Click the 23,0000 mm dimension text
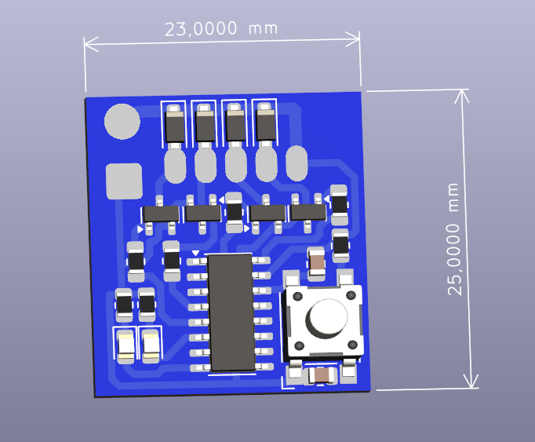point(221,28)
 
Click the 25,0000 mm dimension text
point(453,239)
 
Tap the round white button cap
point(328,316)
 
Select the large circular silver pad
point(122,122)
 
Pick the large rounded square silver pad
point(124,181)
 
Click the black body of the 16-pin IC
point(231,312)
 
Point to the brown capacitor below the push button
point(322,375)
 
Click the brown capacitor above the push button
point(316,264)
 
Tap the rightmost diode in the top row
point(265,125)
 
